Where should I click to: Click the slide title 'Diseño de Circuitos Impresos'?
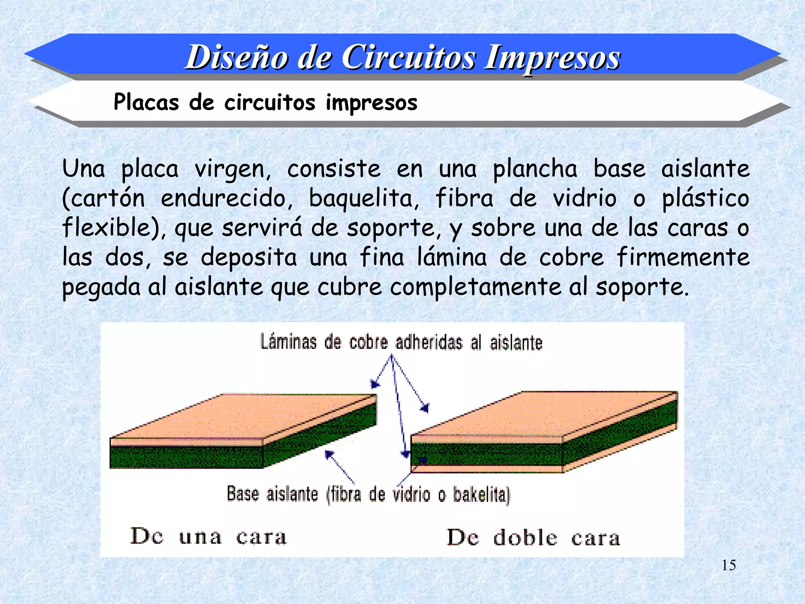[402, 57]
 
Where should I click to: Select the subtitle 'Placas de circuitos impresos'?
[265, 102]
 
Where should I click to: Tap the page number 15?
[729, 565]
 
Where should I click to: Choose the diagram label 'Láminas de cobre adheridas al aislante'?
[401, 342]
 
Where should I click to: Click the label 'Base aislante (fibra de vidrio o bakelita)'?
[368, 494]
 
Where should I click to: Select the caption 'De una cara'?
[208, 537]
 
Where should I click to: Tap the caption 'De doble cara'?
[533, 538]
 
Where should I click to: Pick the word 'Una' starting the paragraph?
[83, 169]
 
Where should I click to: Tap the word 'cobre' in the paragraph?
[571, 258]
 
